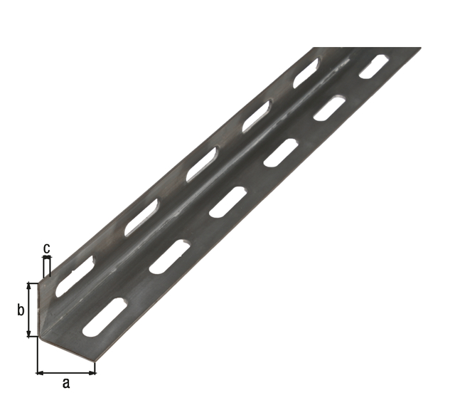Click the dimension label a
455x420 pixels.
coord(66,384)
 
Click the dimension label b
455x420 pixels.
coord(21,310)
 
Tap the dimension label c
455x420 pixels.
coord(46,249)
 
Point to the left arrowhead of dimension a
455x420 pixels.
coord(40,372)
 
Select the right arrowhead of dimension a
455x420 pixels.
coord(92,372)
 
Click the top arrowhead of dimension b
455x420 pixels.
coord(28,285)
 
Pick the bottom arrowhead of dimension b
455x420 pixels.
coord(28,333)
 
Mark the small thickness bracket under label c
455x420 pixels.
coord(47,267)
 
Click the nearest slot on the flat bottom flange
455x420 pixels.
coord(105,317)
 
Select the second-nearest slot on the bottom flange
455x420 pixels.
coord(170,257)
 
